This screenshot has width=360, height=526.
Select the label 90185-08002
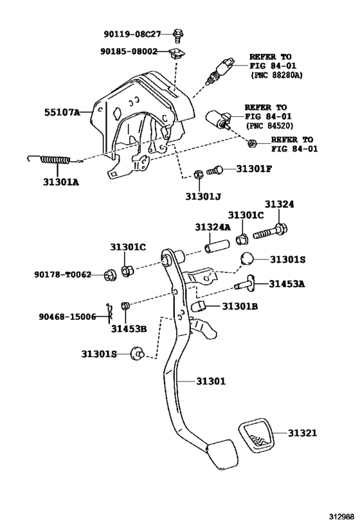129,52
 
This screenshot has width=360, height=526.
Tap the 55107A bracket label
62,112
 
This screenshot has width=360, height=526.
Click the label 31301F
254,170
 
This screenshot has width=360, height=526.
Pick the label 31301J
204,196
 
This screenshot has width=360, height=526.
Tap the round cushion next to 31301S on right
249,259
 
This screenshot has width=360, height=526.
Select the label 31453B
129,329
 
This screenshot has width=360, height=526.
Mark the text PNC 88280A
276,75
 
